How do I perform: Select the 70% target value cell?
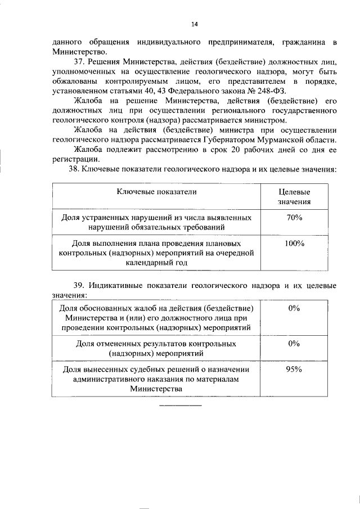click(294, 217)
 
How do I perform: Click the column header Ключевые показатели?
click(157, 192)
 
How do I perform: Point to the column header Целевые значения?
click(294, 197)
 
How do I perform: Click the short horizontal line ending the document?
click(180, 406)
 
